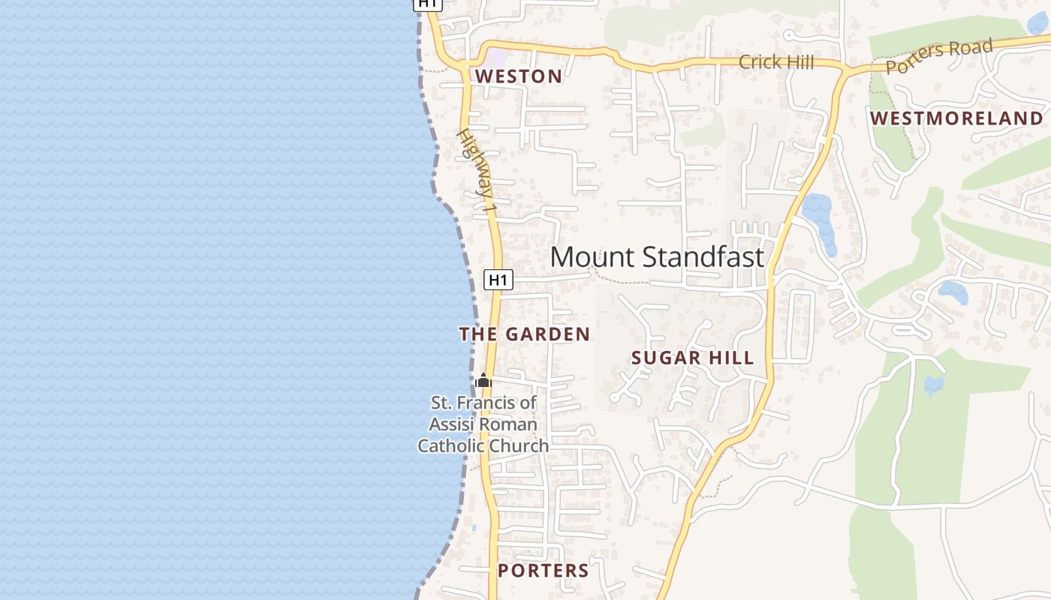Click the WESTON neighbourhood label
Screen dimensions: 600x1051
pyautogui.click(x=518, y=76)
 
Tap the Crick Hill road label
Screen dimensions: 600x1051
pyautogui.click(x=775, y=62)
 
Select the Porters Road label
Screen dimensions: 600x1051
pyautogui.click(x=939, y=56)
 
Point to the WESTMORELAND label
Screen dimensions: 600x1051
pyautogui.click(x=956, y=118)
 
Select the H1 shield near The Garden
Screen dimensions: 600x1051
pyautogui.click(x=498, y=280)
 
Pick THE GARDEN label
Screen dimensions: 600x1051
pyautogui.click(x=524, y=334)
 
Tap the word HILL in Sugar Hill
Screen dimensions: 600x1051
pyautogui.click(x=730, y=358)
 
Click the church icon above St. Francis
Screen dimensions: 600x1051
pyautogui.click(x=483, y=381)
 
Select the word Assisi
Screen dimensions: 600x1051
pyautogui.click(x=451, y=424)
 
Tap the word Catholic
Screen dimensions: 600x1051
pyautogui.click(x=449, y=445)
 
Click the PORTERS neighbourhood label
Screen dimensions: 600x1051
pyautogui.click(x=543, y=571)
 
